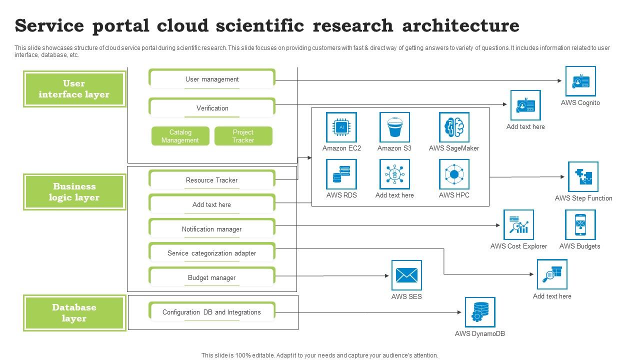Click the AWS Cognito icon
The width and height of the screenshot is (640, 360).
pos(580,81)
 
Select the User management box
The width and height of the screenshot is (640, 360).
pos(212,79)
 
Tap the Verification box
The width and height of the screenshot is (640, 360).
pos(212,108)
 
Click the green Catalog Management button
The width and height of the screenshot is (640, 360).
pos(180,136)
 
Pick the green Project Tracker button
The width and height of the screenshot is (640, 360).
pos(243,136)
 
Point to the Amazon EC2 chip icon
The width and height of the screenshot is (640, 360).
pos(341,127)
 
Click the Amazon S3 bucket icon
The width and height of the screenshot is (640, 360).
pos(394,127)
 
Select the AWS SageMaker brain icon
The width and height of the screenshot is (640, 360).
pos(454,127)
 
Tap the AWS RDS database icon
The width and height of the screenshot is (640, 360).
pos(341,174)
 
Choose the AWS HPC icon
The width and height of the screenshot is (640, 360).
pos(454,174)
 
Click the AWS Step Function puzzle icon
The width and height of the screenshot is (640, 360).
pos(583,176)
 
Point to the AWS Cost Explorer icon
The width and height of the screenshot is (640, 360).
pos(518,224)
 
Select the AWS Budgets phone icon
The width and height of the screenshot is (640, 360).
pos(580,224)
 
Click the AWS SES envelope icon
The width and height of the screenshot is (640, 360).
pos(406,275)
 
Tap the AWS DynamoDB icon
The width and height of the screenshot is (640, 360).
pos(480,312)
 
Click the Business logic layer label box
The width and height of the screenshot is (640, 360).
pos(74,192)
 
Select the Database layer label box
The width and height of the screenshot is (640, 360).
pos(74,313)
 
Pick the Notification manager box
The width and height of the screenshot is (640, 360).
pos(212,229)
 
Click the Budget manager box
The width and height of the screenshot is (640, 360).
pos(212,277)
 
